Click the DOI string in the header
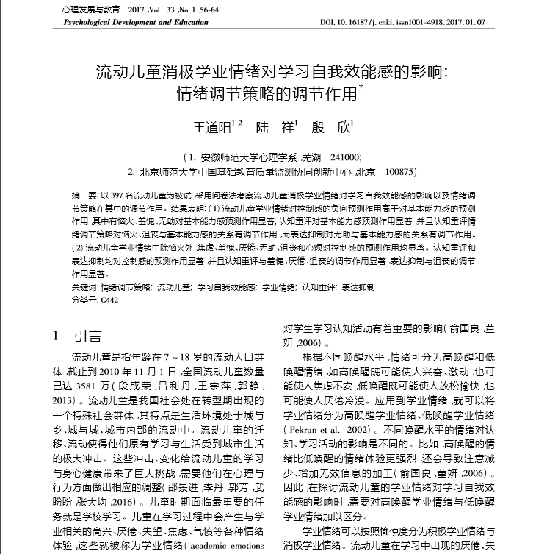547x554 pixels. coord(402,24)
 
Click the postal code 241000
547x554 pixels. coord(345,157)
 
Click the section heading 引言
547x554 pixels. coord(88,337)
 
